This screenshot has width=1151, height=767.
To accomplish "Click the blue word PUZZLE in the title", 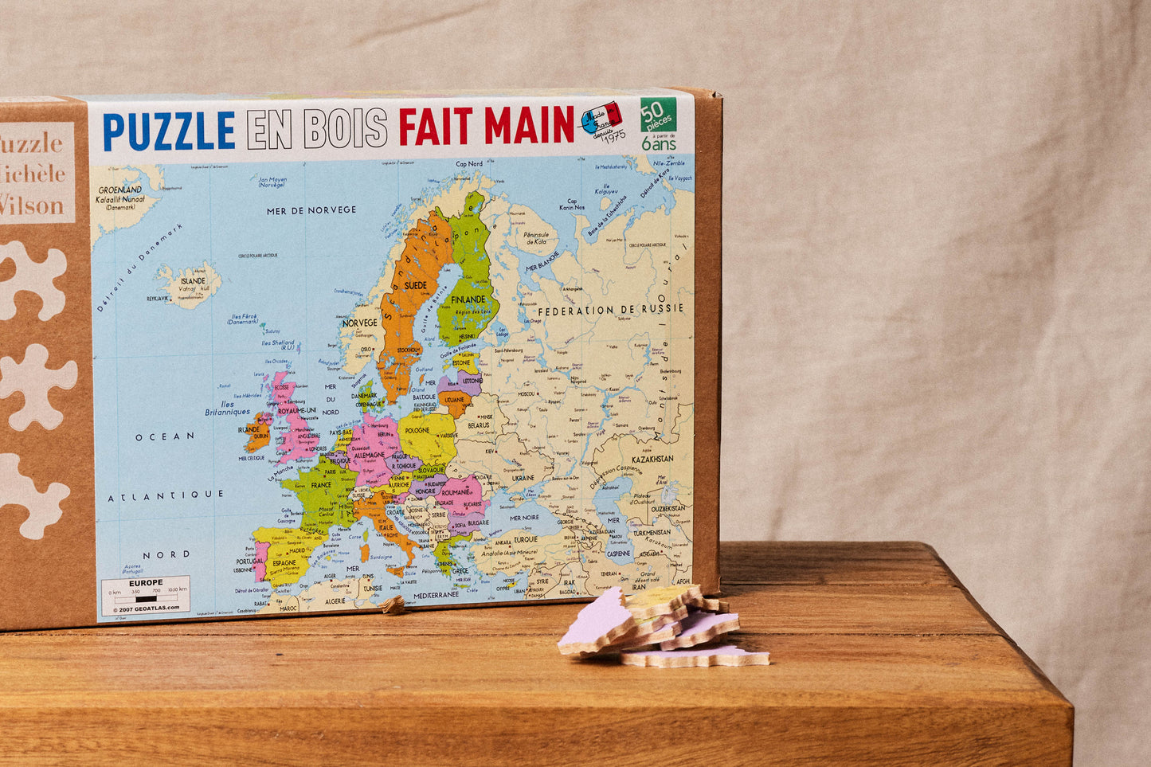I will pyautogui.click(x=169, y=131).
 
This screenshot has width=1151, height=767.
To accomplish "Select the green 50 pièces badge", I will pyautogui.click(x=658, y=115).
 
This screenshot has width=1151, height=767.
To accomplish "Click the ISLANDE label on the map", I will pyautogui.click(x=193, y=281).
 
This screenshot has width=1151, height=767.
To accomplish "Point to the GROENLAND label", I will pyautogui.click(x=120, y=190).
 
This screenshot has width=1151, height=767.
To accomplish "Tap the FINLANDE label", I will pyautogui.click(x=468, y=299).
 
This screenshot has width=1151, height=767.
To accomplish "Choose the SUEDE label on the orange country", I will pyautogui.click(x=415, y=284).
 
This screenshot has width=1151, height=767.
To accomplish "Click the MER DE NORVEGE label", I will pyautogui.click(x=311, y=209).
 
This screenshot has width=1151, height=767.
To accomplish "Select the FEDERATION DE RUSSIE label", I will pyautogui.click(x=611, y=309).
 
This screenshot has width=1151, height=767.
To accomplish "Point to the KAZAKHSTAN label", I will pyautogui.click(x=652, y=460).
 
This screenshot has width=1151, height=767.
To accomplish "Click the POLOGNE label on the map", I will pyautogui.click(x=417, y=431).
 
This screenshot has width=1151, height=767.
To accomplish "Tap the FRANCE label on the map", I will pyautogui.click(x=320, y=485).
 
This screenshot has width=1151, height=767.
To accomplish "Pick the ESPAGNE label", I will pyautogui.click(x=284, y=562).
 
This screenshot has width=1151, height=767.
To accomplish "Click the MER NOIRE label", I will pyautogui.click(x=524, y=518).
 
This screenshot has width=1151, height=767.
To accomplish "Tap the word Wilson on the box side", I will pyautogui.click(x=32, y=205).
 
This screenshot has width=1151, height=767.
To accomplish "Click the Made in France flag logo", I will pyautogui.click(x=601, y=118).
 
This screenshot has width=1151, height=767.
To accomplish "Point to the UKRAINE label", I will pyautogui.click(x=523, y=478).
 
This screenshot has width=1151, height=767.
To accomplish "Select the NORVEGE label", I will pyautogui.click(x=359, y=323).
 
